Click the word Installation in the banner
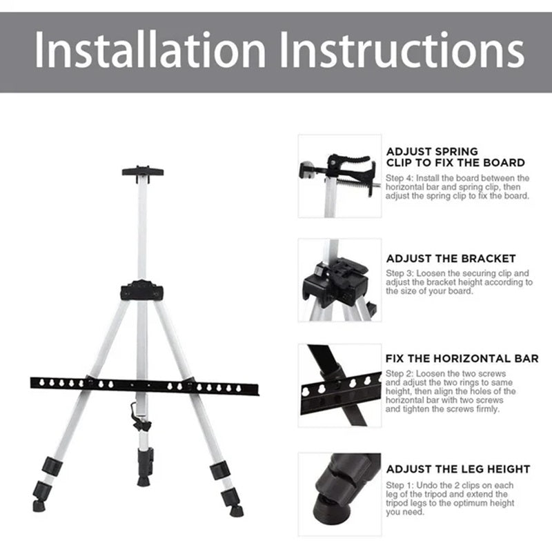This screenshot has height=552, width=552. [x=149, y=49]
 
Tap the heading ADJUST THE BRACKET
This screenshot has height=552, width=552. [x=451, y=258]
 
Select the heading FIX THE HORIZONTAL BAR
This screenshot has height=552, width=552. [x=462, y=358]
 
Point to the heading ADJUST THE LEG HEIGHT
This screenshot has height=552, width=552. [x=458, y=469]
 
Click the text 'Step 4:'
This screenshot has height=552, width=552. [x=400, y=178]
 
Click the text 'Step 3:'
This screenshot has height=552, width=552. [x=400, y=273]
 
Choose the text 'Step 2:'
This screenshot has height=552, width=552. [x=400, y=373]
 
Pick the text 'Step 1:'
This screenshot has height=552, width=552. [x=400, y=485]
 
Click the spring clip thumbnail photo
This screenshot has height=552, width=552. [x=339, y=176]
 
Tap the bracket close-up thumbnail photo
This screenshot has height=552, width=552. [x=339, y=280]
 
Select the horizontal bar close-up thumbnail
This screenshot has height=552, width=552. [x=339, y=386]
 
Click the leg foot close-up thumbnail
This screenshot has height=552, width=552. [x=339, y=494]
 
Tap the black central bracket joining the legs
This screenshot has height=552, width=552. [x=142, y=290]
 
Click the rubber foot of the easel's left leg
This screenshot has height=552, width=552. [x=39, y=506]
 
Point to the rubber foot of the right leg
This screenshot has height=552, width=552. [x=236, y=511]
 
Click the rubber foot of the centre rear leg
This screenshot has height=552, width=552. [x=144, y=481]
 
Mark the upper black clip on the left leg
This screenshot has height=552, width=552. [x=52, y=466]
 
